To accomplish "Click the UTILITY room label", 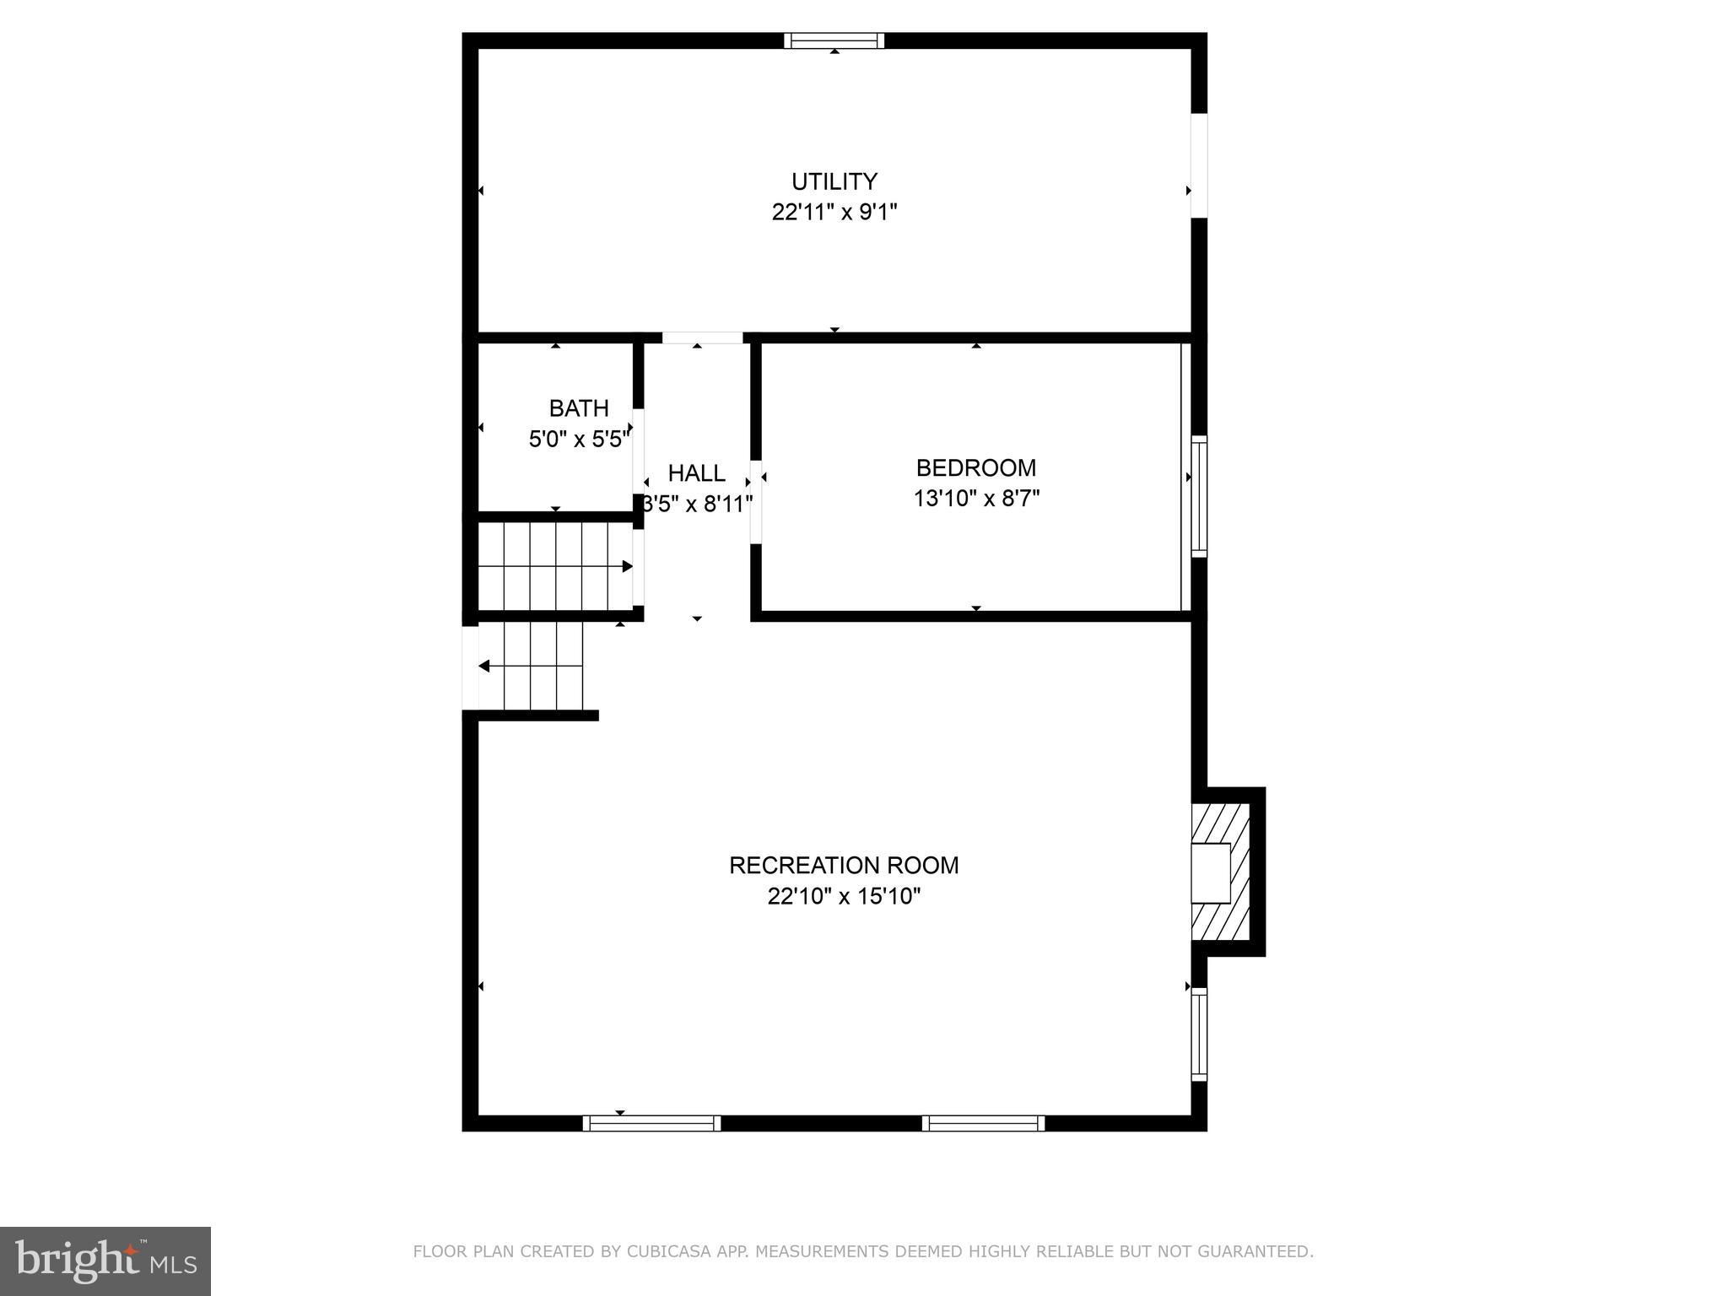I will pyautogui.click(x=834, y=181).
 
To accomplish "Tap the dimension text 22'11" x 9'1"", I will pyautogui.click(x=834, y=212).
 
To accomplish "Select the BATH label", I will pyautogui.click(x=579, y=408).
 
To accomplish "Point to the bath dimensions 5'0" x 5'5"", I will pyautogui.click(x=579, y=439).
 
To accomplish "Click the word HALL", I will pyautogui.click(x=696, y=472).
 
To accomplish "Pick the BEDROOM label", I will pyautogui.click(x=976, y=467).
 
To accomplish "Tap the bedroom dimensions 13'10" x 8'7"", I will pyautogui.click(x=976, y=499).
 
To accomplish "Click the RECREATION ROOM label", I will pyautogui.click(x=844, y=865).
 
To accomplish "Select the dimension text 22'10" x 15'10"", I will pyautogui.click(x=844, y=896).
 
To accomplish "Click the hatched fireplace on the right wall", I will pyautogui.click(x=1220, y=872).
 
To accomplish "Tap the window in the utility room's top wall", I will pyautogui.click(x=834, y=40).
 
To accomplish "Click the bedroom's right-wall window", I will pyautogui.click(x=1198, y=496).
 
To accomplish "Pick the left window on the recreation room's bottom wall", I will pyautogui.click(x=651, y=1123).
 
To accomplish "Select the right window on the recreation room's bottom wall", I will pyautogui.click(x=983, y=1123).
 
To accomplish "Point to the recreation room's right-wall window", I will pyautogui.click(x=1198, y=1034).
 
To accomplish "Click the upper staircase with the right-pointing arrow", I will pyautogui.click(x=555, y=566).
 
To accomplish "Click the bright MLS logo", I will pyautogui.click(x=105, y=1261).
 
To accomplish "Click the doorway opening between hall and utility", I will pyautogui.click(x=702, y=337).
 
